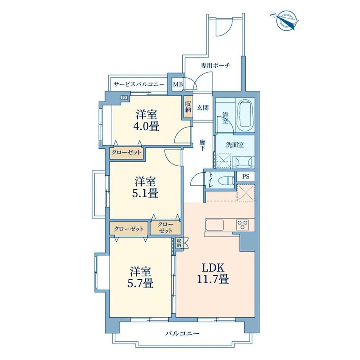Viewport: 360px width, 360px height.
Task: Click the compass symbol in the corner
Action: coord(285,21)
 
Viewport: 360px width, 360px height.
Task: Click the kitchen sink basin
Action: coord(214,225)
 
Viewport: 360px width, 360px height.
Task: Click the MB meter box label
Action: coord(178,85)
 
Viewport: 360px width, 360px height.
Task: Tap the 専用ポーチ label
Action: coord(216,65)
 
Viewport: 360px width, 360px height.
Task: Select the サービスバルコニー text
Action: coord(139,84)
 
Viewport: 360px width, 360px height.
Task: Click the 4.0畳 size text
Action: coord(146,126)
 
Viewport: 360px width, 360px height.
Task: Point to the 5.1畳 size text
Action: coord(145,193)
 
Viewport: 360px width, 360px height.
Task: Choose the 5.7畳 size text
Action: coord(140,283)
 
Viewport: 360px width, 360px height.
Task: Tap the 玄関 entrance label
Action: coord(203,107)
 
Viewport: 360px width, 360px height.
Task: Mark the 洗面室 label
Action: coord(235,145)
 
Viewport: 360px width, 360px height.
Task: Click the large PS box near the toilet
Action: coord(246,176)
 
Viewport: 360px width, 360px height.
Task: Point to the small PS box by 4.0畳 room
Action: coord(124,97)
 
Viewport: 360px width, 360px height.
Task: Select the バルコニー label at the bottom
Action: coord(182,333)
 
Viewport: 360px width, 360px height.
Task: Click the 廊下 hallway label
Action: coord(202,145)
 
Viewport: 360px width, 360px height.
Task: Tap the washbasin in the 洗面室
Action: coord(243,162)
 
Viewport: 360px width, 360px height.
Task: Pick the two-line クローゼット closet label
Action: coord(166,227)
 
